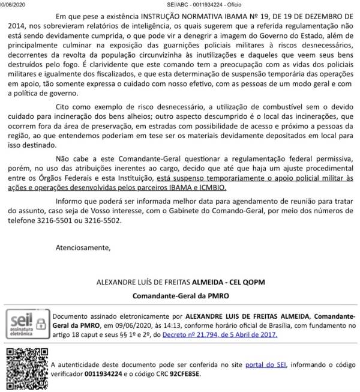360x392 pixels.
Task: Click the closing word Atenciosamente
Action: tap(83, 247)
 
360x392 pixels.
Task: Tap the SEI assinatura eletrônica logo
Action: tap(26, 325)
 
